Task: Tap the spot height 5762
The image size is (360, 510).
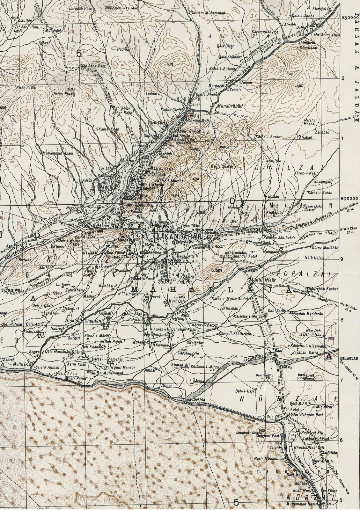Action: coord(300,86)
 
